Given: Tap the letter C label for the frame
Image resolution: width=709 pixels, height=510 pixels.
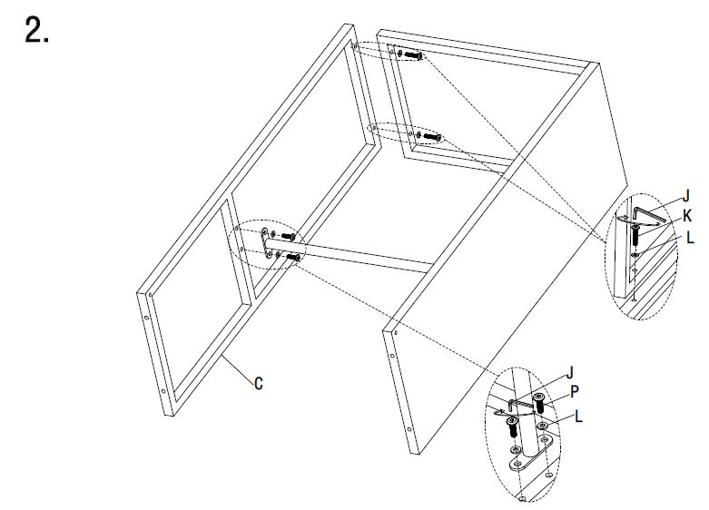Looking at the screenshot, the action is (258, 384).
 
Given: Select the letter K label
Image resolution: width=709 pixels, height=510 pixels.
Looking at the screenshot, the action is (687, 216).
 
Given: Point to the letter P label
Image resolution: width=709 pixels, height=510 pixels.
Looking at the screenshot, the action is (575, 391).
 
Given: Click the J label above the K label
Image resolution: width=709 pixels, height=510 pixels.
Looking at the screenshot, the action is (686, 196).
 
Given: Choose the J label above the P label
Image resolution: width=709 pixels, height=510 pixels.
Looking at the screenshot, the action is (570, 373).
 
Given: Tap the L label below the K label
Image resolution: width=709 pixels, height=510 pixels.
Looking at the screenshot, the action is (690, 238).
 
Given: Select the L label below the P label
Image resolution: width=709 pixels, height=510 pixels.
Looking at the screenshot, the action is (578, 417).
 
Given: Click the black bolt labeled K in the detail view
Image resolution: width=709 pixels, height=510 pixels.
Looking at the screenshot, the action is (635, 235).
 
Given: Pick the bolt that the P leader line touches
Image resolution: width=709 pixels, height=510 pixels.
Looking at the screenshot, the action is (539, 403).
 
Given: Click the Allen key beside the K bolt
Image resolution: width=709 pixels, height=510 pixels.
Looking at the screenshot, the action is (649, 214).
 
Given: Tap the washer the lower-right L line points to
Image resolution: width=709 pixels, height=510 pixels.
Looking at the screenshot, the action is (542, 426).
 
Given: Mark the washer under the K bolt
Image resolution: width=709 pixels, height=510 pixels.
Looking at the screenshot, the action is (635, 254).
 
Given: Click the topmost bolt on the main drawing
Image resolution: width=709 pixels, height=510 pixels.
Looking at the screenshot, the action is (414, 55).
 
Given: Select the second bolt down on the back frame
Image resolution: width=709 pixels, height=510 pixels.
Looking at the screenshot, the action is (432, 136).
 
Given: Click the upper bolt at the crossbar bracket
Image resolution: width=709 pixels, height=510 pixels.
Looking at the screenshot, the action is (289, 236).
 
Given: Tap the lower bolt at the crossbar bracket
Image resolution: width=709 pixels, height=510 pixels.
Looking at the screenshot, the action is (293, 257).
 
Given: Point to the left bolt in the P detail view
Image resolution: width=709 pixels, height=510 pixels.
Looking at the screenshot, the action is (512, 427).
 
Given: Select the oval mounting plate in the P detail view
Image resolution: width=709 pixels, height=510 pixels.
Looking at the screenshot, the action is (532, 455).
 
